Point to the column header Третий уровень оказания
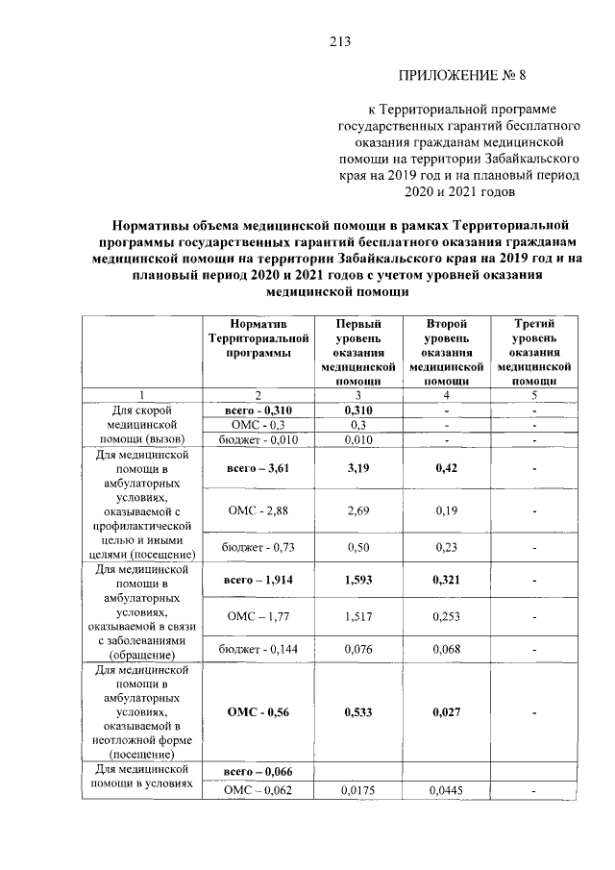point(535,352)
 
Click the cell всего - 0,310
point(257,410)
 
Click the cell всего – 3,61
point(257,469)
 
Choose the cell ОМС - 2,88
point(257,510)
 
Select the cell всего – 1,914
point(257,581)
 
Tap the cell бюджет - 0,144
point(257,649)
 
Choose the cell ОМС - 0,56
point(257,713)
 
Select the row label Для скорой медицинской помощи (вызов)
point(141,425)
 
